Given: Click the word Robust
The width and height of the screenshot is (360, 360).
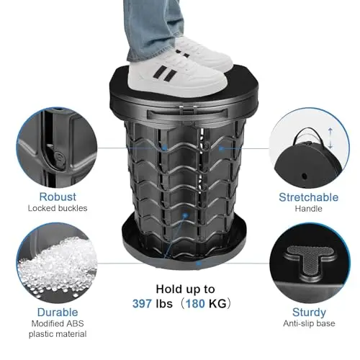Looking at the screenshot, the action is [x=58, y=197].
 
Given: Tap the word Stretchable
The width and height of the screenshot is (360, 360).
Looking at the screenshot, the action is [x=309, y=197].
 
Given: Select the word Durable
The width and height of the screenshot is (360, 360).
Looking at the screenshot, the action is [x=58, y=312].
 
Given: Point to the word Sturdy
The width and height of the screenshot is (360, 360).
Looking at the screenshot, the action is [x=309, y=312].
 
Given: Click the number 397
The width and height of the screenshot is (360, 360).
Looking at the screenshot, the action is [x=142, y=304].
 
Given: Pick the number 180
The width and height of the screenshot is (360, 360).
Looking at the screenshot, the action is [x=195, y=304].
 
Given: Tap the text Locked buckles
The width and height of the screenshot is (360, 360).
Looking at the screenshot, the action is [x=58, y=208].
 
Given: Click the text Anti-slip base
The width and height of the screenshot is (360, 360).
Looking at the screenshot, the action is [x=309, y=323].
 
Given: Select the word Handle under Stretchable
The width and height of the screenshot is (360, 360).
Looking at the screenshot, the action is [x=309, y=209].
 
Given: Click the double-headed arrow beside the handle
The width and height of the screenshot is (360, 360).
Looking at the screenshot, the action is [x=330, y=138].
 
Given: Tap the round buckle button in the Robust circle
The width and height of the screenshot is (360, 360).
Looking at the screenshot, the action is [x=59, y=158].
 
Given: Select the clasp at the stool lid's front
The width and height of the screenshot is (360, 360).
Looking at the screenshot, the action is [x=188, y=110].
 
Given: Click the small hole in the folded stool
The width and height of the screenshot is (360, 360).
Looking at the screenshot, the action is [x=305, y=176].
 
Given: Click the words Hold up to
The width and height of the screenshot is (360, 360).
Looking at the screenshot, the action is [x=185, y=289].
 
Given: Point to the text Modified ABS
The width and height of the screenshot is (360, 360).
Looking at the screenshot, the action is [x=58, y=323].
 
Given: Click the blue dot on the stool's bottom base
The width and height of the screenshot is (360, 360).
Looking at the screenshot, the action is [x=199, y=264].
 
